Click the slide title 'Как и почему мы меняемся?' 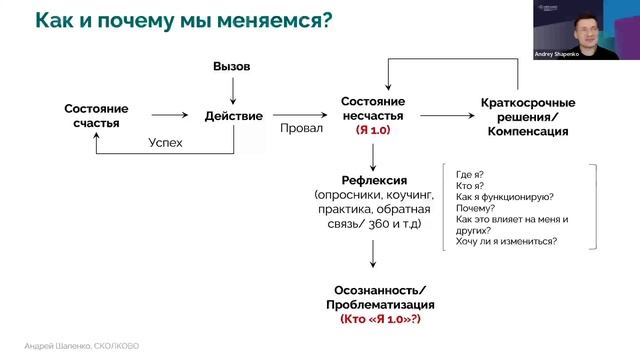(183, 20)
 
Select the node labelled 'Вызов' (231, 66)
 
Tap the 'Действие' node (233, 116)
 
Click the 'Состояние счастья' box (97, 116)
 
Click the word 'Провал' (301, 128)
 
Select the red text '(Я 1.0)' (373, 129)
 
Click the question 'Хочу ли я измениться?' (506, 241)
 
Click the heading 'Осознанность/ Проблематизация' (372, 296)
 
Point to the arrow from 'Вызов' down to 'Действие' (232, 89)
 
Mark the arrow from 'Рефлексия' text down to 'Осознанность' (372, 251)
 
